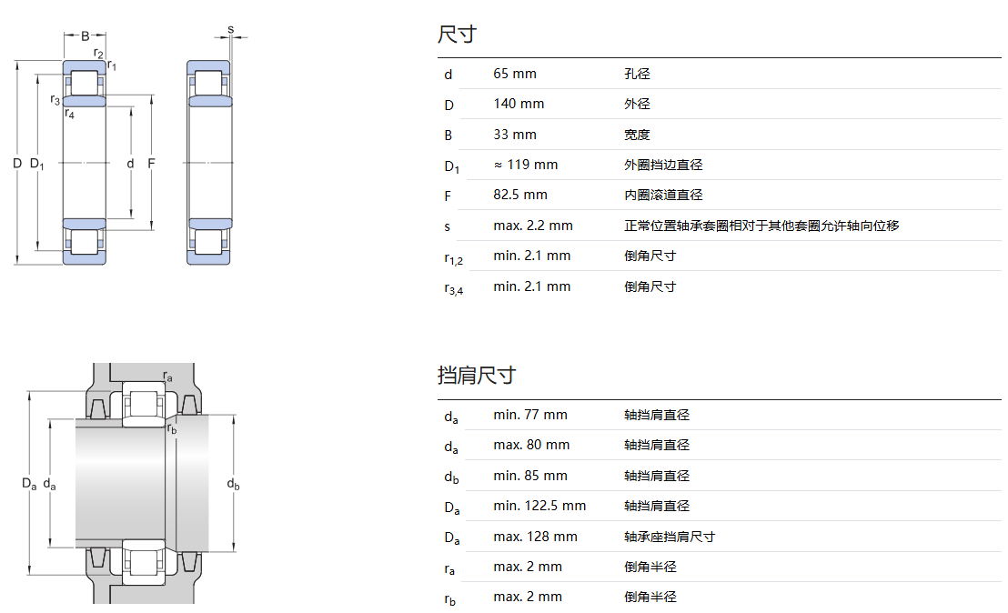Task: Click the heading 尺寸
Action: [457, 35]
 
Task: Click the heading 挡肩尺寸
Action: [476, 375]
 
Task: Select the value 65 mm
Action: [515, 74]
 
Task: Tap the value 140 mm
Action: [519, 104]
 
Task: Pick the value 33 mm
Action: [515, 135]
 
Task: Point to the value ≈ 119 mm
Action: [525, 165]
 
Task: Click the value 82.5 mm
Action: [520, 195]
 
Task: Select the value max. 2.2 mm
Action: [533, 226]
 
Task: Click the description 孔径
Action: [637, 74]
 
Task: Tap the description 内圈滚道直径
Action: [663, 195]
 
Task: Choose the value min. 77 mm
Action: [529, 415]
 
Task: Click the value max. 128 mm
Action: [535, 537]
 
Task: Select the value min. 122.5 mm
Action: [539, 506]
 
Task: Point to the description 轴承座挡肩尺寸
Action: [670, 537]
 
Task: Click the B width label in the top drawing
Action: [85, 36]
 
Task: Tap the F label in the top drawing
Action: [151, 164]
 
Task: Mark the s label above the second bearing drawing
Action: [230, 29]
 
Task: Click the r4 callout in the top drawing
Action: [69, 114]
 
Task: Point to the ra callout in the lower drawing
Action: [167, 377]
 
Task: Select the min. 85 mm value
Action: [529, 476]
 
